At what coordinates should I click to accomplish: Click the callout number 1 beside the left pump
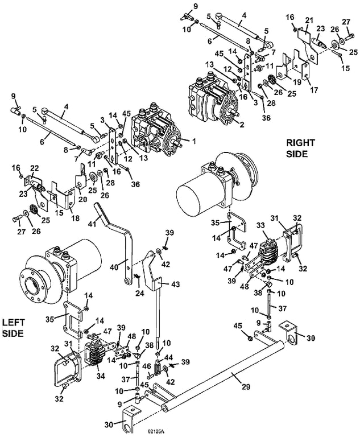(194, 142)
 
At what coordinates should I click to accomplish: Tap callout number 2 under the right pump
(242, 125)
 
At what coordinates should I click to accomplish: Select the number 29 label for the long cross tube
(245, 386)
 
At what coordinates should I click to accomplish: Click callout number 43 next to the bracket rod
(176, 285)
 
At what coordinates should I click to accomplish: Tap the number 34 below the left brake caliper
(101, 376)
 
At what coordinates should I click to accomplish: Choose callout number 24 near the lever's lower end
(139, 293)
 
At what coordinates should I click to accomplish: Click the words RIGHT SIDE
(300, 149)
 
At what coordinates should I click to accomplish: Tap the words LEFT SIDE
(14, 328)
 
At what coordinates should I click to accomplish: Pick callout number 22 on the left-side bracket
(35, 168)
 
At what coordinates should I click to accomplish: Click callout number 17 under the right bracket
(314, 90)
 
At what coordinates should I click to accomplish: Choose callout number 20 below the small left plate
(83, 199)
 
